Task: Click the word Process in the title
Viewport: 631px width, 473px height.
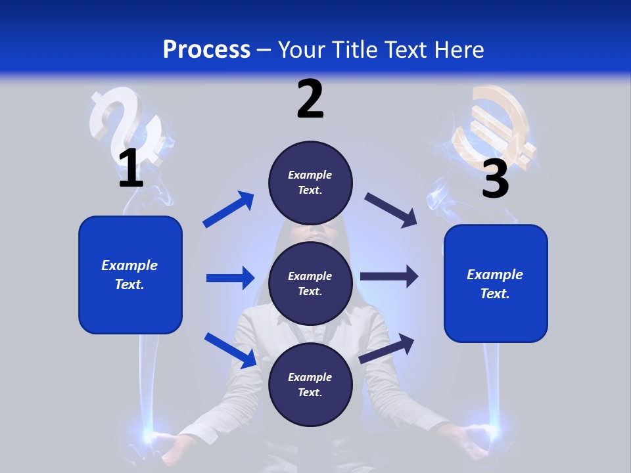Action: tap(206, 49)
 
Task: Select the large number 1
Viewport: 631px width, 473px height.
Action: tap(131, 168)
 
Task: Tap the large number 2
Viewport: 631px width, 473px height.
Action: tap(310, 99)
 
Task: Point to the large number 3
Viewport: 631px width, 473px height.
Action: tap(495, 179)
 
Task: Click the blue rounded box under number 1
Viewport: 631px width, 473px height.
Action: tap(130, 275)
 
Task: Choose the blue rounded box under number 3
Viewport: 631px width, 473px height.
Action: tap(496, 283)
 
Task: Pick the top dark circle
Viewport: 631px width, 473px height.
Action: tap(310, 183)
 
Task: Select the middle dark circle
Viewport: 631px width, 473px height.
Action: tap(310, 283)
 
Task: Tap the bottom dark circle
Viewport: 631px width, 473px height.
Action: tap(310, 384)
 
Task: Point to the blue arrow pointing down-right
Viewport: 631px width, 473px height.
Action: tap(230, 350)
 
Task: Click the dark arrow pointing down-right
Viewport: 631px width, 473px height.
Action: tap(390, 210)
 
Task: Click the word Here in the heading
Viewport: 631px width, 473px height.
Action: tap(459, 49)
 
